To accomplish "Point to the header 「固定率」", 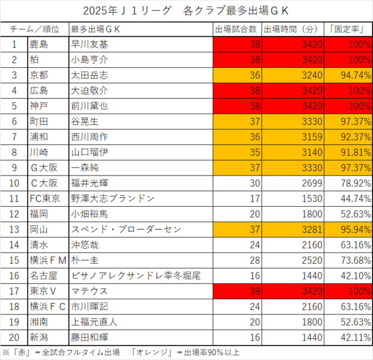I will [347, 29].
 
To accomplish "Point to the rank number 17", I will [14, 290].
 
